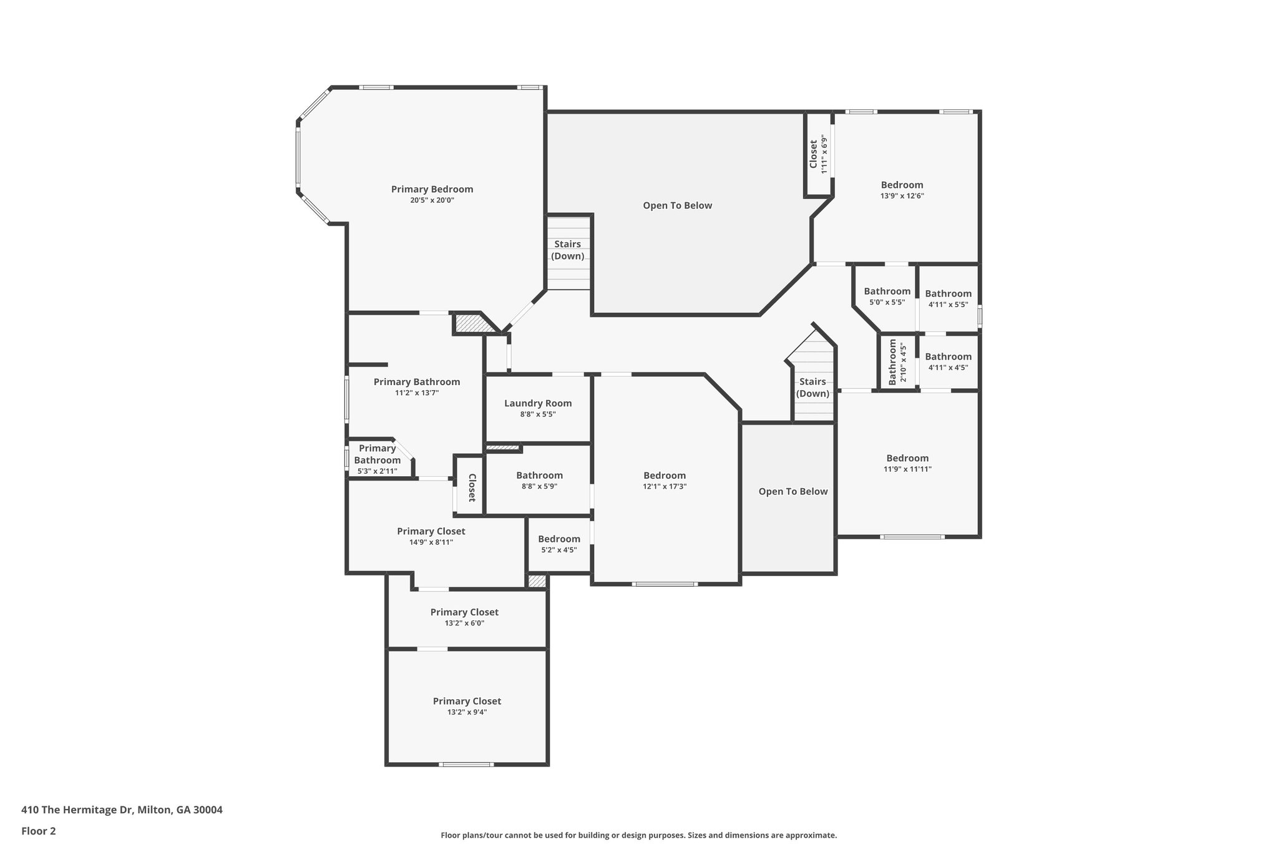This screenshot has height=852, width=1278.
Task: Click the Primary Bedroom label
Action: click(x=432, y=189)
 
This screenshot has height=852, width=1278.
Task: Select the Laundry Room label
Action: click(x=538, y=403)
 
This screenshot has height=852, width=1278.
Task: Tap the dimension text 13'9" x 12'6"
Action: click(x=902, y=196)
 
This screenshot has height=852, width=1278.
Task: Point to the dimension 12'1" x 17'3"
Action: click(x=665, y=487)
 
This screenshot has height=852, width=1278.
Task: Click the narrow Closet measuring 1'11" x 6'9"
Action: click(x=818, y=154)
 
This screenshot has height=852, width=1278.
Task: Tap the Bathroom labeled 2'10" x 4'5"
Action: click(x=897, y=361)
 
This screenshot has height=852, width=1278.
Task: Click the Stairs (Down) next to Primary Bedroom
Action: click(x=568, y=250)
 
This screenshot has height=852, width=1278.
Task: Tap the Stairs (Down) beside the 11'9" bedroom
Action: click(x=812, y=388)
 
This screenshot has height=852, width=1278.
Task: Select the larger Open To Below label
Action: click(x=677, y=206)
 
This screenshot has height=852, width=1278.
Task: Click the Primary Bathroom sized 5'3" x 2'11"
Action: click(x=377, y=459)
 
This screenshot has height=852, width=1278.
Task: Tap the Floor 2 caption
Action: click(x=39, y=831)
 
